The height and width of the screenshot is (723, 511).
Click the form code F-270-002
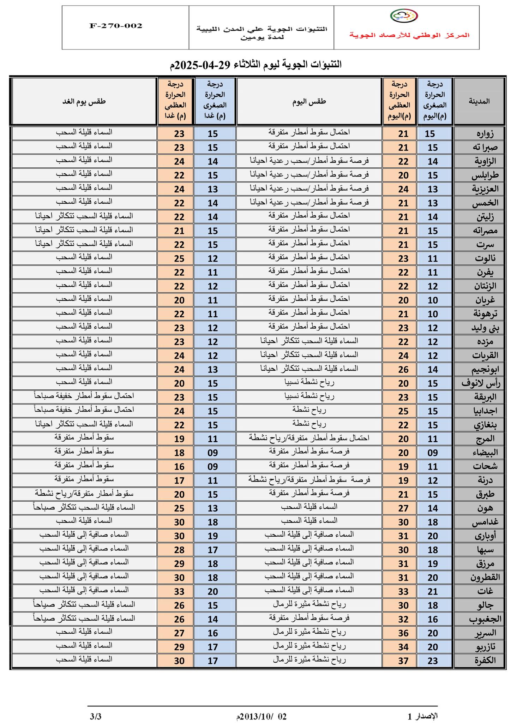116,26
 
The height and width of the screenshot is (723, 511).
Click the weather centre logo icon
404,16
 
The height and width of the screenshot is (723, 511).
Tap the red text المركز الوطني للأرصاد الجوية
409,35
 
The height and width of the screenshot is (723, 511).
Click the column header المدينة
479,101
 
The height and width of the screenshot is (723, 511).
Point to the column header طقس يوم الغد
84,101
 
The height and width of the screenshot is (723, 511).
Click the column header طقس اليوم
309,101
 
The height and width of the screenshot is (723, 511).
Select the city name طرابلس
485,175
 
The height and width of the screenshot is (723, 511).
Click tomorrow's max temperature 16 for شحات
179,467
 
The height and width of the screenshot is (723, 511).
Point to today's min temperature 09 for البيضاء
433,453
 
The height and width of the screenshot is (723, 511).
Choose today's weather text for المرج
309,438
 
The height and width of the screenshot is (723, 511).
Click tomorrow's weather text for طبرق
84,493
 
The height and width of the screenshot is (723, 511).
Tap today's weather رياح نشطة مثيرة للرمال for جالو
309,604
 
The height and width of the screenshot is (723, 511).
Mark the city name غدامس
484,522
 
